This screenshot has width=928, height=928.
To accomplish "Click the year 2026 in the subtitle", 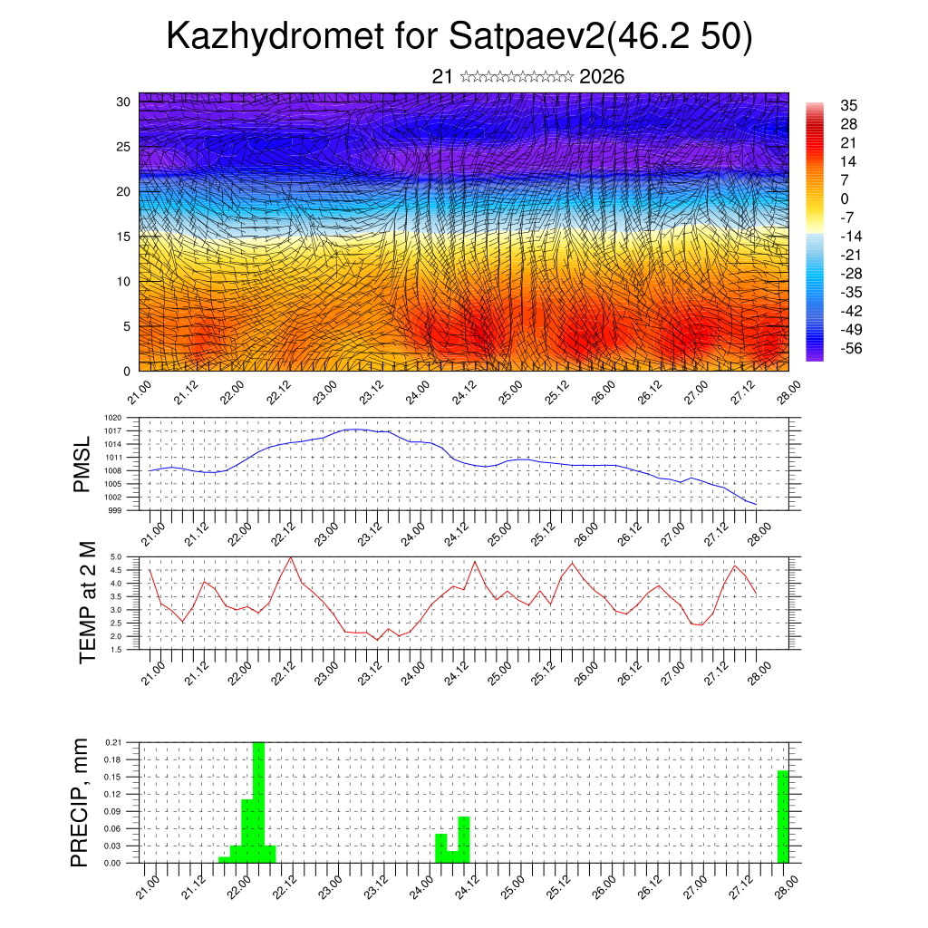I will tap(602, 77).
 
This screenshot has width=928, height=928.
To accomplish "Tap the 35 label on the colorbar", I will tap(849, 105).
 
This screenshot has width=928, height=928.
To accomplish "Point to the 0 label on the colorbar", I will tap(845, 198).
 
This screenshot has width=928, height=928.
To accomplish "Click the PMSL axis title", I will tap(82, 464).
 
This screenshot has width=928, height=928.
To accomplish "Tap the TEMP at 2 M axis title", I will tap(88, 602).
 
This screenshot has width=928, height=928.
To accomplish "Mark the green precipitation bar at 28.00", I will tap(783, 817).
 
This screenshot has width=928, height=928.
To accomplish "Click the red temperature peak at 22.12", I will tap(290, 557).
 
